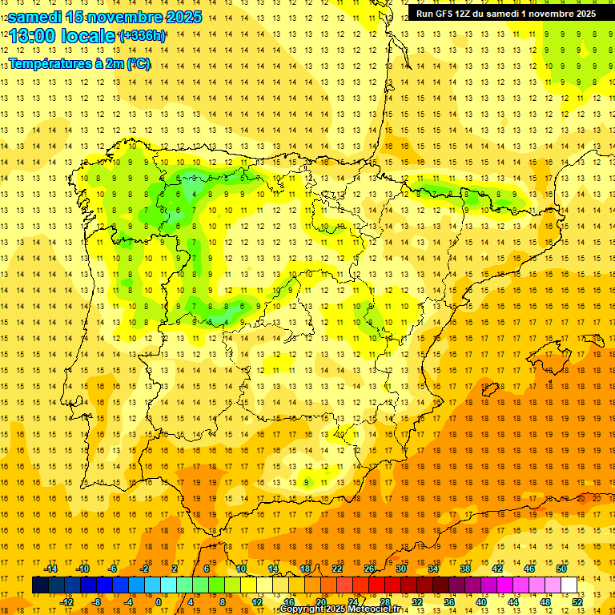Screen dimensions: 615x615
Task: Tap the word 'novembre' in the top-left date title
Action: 119,17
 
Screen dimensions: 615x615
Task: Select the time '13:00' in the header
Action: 35,36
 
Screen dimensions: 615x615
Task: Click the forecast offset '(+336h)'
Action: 142,36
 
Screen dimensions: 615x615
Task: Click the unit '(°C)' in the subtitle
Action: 136,63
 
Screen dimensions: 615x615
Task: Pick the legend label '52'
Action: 577,602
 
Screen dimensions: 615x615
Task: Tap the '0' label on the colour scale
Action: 159,602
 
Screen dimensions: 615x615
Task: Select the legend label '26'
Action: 369,569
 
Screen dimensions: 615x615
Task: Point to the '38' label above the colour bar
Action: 465,569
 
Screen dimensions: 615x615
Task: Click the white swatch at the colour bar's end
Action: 569,585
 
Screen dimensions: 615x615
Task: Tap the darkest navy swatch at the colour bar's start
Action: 40,585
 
